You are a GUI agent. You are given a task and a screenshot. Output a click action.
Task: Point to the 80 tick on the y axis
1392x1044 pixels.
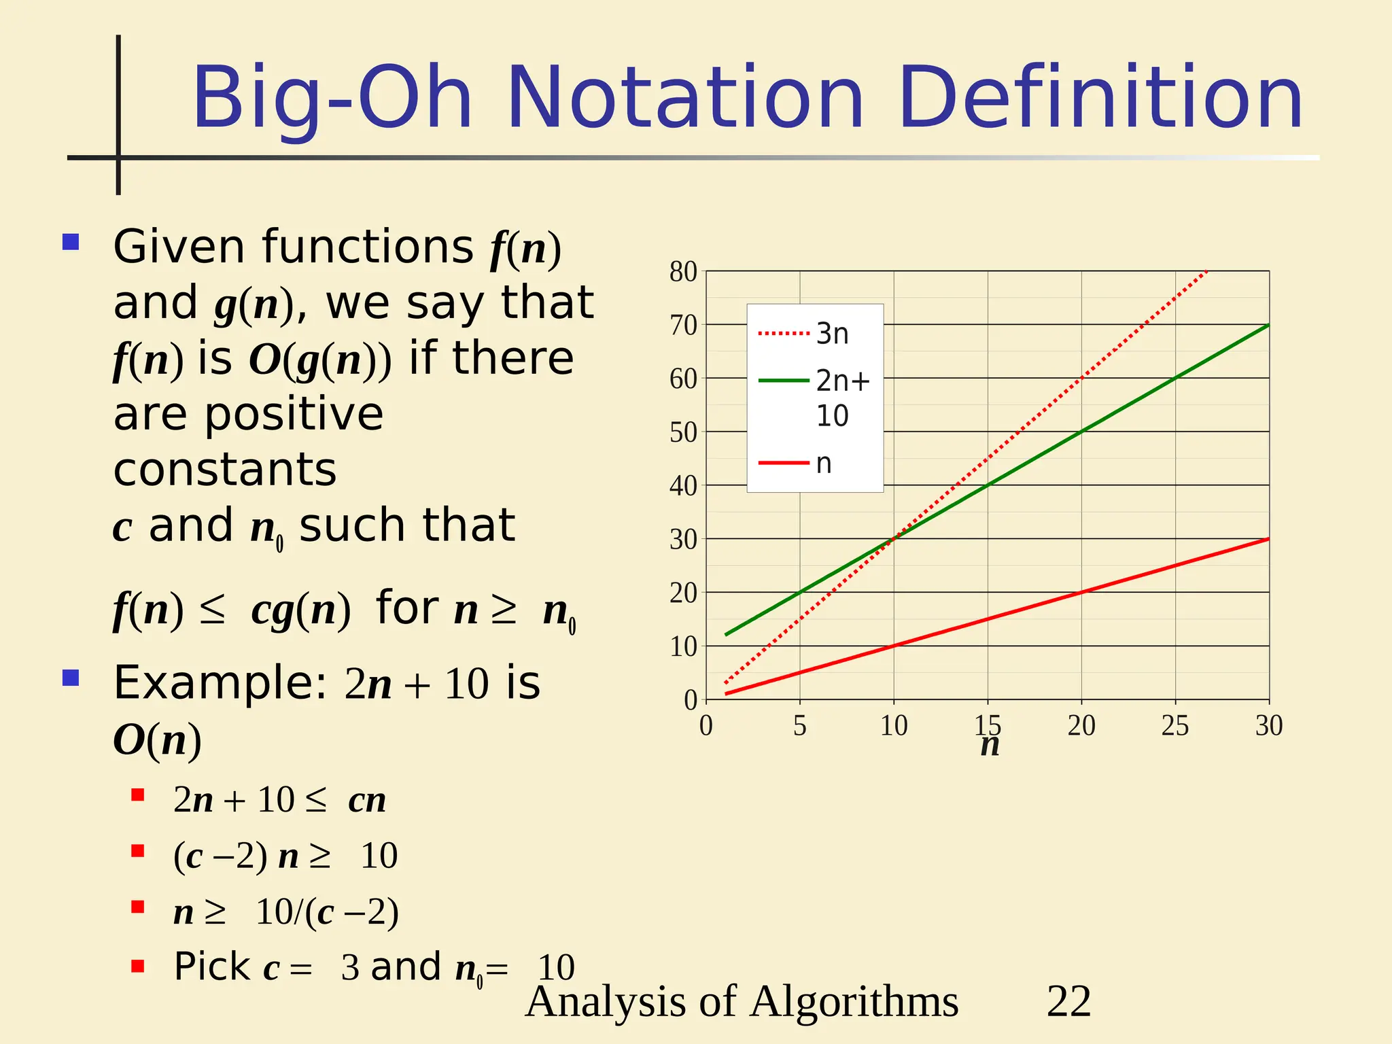[683, 272]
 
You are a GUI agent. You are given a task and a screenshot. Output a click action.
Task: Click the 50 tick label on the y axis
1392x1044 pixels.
[683, 432]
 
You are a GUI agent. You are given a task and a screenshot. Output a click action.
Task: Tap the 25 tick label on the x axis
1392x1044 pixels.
[1174, 726]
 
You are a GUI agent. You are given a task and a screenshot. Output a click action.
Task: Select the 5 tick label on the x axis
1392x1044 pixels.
[799, 726]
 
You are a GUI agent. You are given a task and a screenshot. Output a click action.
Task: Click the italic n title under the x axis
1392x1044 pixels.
[990, 746]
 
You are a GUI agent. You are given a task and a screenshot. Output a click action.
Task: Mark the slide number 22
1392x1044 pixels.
[1068, 1000]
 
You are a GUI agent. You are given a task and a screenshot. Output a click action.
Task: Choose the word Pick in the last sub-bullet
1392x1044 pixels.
[211, 967]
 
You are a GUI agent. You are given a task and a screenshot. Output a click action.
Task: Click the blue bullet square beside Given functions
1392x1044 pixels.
[71, 242]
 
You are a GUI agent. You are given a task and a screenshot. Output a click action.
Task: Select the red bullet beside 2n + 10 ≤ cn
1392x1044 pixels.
[138, 795]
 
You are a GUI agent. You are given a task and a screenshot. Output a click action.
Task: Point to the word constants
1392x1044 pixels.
[225, 470]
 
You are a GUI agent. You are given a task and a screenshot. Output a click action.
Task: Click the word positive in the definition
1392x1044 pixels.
[294, 414]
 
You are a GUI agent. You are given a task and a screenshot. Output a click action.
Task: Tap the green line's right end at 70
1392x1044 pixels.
[1268, 326]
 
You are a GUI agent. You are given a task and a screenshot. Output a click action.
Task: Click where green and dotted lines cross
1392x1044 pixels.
[894, 538]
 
